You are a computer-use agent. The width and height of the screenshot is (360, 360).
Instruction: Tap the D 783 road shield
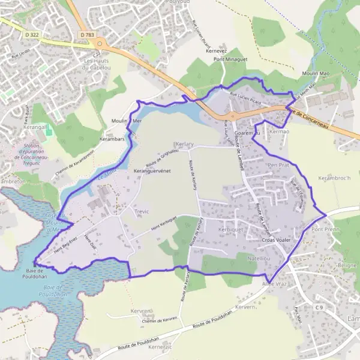point(86,36)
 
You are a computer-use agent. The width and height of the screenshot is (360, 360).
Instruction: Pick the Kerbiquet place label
point(231,230)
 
